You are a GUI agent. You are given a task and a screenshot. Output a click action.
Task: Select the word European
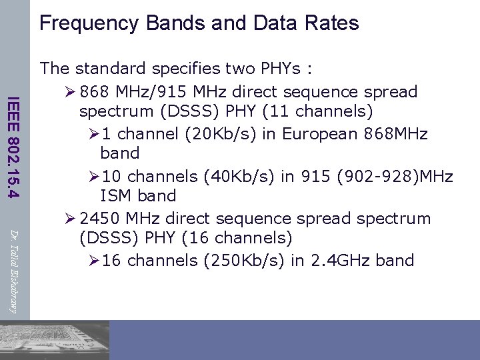coord(319,133)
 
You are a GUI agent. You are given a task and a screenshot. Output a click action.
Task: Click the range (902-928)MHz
coord(407,177)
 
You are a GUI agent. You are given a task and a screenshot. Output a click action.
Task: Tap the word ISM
coord(115,196)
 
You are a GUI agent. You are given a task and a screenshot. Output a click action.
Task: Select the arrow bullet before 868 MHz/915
coord(67,91)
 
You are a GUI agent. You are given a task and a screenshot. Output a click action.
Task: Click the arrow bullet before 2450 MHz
coord(67,219)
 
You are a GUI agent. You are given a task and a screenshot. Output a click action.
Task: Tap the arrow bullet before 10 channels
coord(94,177)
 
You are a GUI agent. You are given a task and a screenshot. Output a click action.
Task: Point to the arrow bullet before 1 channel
coord(94,133)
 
